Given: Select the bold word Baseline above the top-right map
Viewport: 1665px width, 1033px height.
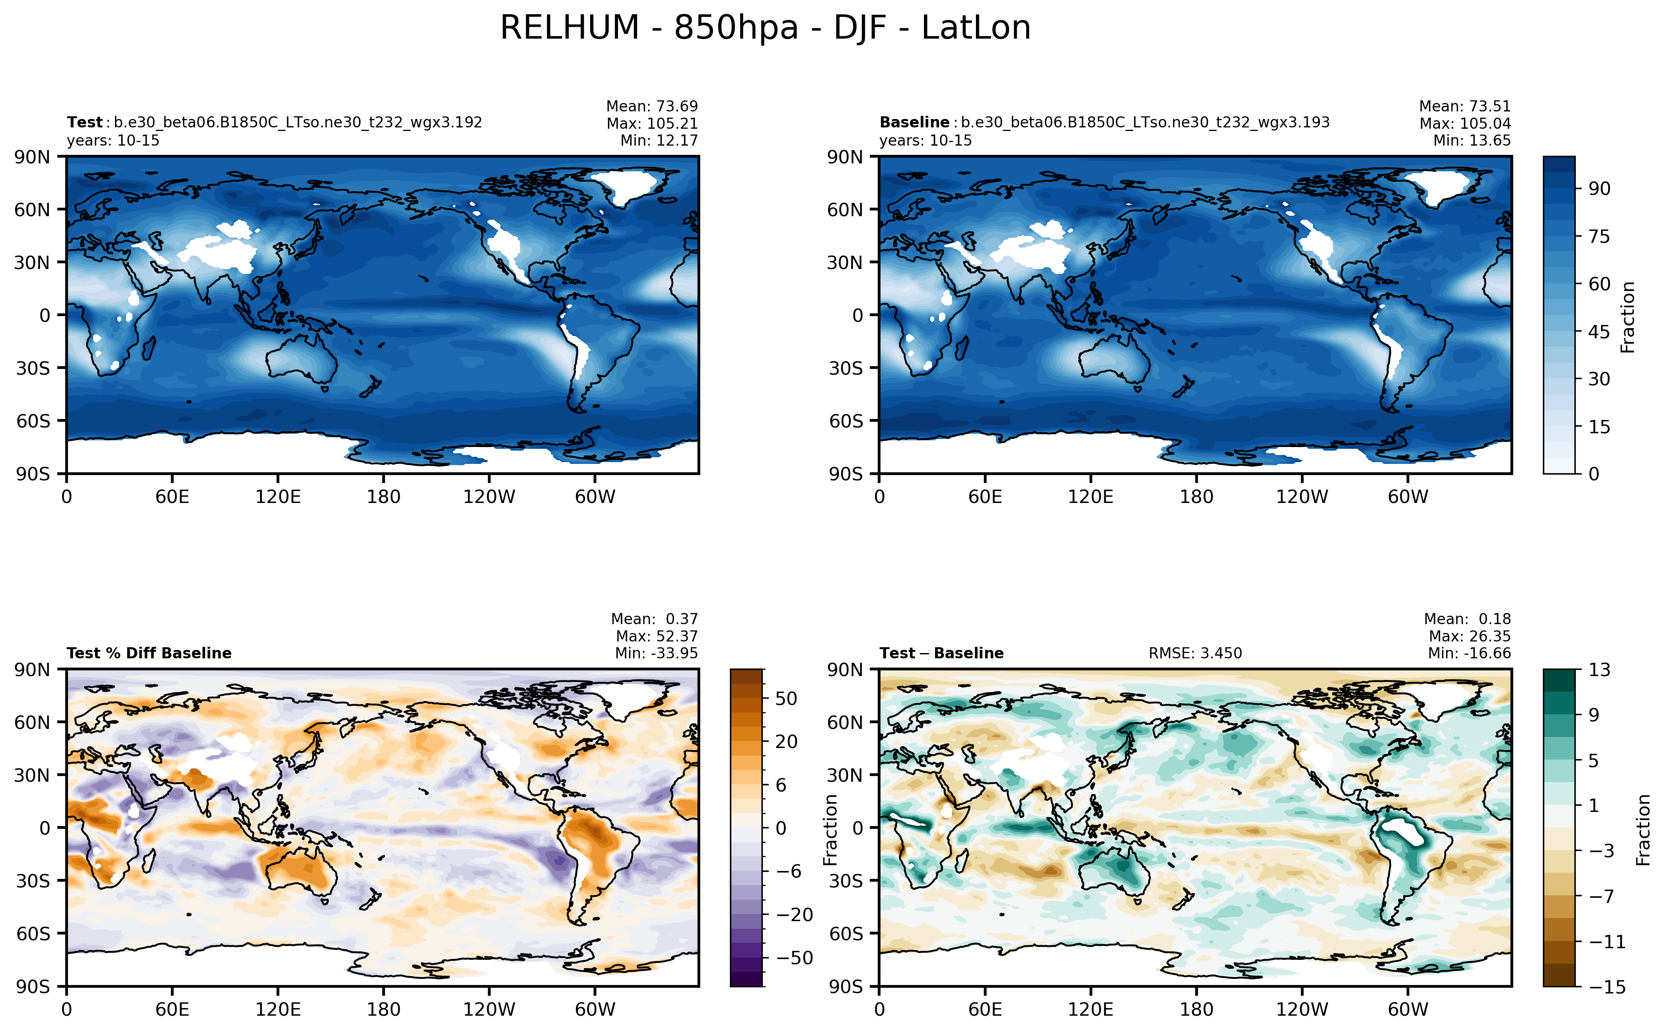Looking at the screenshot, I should (x=913, y=122).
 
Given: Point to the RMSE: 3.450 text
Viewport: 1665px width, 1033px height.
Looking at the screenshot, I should (x=1194, y=653).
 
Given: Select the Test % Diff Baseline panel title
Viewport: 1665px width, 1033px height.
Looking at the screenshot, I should (x=149, y=653).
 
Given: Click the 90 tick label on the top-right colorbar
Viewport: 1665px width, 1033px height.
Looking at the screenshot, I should (x=1599, y=189).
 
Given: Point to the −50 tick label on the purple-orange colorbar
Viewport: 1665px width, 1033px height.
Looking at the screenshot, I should (x=795, y=958).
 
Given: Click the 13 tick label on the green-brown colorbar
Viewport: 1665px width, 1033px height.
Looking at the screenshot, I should (x=1599, y=669).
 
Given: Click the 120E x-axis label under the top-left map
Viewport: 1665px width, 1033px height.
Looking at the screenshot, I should (x=277, y=497).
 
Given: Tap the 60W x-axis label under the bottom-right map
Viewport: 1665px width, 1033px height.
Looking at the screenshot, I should (x=1407, y=1009).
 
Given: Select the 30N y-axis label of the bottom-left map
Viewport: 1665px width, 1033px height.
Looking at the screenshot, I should (x=32, y=775).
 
